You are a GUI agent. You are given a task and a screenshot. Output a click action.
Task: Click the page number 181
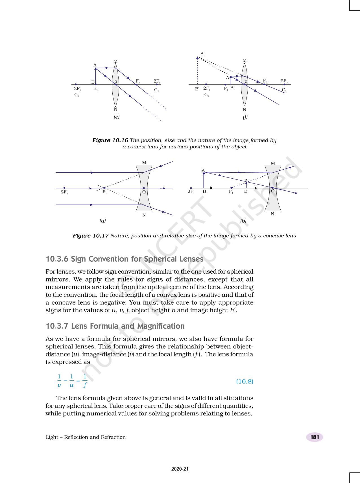(x=315, y=437)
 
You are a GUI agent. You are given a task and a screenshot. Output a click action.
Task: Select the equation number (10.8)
(x=245, y=382)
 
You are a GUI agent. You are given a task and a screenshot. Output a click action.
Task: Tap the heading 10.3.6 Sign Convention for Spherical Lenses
(x=125, y=259)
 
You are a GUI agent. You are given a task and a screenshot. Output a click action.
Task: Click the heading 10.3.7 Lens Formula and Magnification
(x=115, y=326)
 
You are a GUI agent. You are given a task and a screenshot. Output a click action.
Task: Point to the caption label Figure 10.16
(x=110, y=140)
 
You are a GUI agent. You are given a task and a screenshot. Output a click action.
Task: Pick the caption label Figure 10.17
(x=91, y=236)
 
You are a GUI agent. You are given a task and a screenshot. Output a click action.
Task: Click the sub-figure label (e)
(x=116, y=117)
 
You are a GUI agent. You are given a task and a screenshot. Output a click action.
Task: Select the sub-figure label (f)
(x=245, y=117)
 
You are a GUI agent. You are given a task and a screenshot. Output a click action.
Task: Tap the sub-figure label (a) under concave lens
(x=102, y=221)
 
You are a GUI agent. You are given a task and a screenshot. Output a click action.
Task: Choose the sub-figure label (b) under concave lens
(x=243, y=221)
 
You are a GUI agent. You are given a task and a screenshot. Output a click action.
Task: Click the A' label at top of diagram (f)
(x=202, y=53)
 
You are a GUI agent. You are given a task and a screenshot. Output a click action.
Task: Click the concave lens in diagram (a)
(x=144, y=188)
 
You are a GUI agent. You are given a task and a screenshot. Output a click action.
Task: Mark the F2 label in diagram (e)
(x=138, y=81)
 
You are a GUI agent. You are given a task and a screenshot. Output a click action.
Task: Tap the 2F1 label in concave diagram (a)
(x=64, y=192)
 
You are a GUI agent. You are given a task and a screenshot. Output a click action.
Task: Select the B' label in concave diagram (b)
(x=246, y=191)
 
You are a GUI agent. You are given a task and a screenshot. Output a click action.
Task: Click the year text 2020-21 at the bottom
(x=180, y=469)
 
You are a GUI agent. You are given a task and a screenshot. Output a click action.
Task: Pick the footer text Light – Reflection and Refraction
(x=86, y=437)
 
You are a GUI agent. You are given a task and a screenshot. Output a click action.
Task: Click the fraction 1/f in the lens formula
(x=85, y=381)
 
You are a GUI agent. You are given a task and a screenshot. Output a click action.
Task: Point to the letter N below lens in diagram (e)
(x=115, y=109)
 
